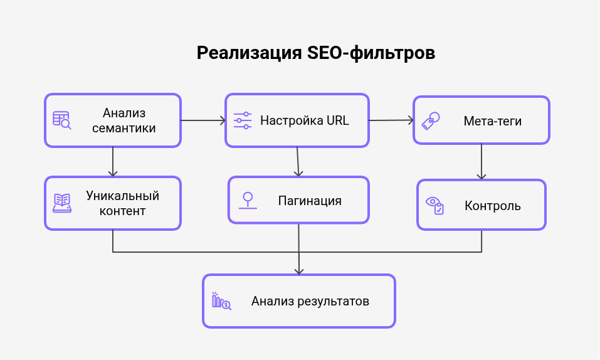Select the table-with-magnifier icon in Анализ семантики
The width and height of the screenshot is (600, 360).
click(x=62, y=120)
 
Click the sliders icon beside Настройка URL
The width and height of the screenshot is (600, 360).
click(x=242, y=120)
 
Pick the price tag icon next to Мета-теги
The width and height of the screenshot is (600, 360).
click(x=430, y=120)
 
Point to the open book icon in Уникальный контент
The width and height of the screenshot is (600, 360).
click(x=62, y=203)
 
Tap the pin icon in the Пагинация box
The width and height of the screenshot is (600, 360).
click(x=248, y=200)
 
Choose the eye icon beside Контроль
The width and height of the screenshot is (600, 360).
click(x=434, y=205)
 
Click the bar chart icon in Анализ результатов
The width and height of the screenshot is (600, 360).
click(x=221, y=301)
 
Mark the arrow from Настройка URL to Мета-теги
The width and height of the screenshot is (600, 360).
click(x=391, y=120)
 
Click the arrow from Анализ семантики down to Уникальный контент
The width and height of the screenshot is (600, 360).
click(x=113, y=161)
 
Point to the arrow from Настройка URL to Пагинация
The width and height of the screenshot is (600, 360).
click(x=298, y=161)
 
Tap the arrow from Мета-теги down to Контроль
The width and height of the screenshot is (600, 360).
click(x=482, y=161)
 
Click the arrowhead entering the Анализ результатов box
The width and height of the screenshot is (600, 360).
click(x=299, y=270)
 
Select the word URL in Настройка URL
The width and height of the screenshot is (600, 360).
click(x=337, y=120)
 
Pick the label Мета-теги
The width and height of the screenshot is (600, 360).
click(x=492, y=120)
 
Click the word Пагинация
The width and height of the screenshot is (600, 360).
click(x=310, y=201)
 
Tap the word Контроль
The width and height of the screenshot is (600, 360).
click(x=492, y=206)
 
